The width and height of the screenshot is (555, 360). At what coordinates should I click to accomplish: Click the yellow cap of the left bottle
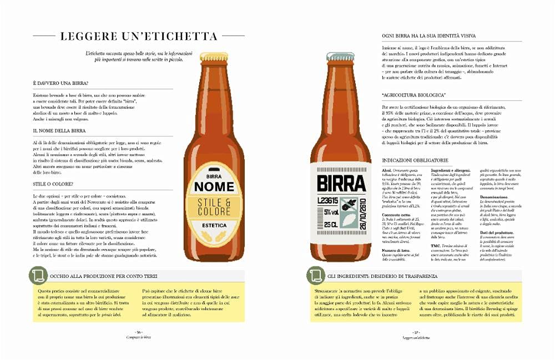click(x=214, y=57)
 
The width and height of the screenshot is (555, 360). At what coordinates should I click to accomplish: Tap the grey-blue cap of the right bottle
click(x=341, y=57)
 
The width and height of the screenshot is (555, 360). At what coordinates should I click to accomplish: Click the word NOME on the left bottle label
click(x=214, y=186)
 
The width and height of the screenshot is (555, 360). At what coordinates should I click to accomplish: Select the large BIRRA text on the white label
click(x=341, y=183)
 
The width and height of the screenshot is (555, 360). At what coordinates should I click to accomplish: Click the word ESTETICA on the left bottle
click(x=214, y=225)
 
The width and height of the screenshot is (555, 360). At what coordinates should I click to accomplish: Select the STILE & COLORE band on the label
click(x=214, y=207)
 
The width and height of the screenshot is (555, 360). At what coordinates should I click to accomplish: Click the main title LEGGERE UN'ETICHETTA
click(x=139, y=37)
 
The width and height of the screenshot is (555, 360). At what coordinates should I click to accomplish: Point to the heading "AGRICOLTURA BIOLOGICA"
click(x=414, y=95)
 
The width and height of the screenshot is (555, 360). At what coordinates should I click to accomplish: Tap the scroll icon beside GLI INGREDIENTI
click(x=317, y=276)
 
